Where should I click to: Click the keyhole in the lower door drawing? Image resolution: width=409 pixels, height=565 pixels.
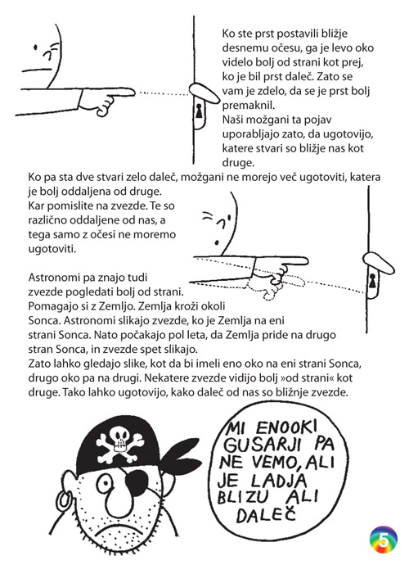tap(373, 284)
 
